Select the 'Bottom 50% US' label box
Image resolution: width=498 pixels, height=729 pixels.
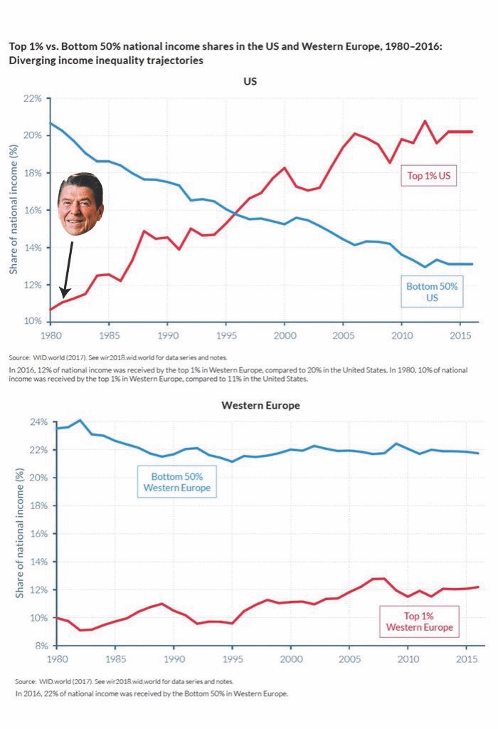tap(432, 292)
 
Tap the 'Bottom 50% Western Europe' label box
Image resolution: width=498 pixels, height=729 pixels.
tap(176, 483)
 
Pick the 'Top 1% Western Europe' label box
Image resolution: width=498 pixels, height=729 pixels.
tap(419, 622)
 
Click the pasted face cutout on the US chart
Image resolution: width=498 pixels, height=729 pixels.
tap(80, 205)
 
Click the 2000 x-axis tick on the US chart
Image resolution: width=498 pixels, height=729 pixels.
tap(284, 334)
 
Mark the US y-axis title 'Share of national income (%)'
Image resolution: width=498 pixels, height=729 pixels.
tap(14, 209)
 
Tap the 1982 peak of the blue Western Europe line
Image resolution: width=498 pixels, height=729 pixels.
tap(80, 420)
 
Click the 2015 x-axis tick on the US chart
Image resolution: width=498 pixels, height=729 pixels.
tap(460, 334)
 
